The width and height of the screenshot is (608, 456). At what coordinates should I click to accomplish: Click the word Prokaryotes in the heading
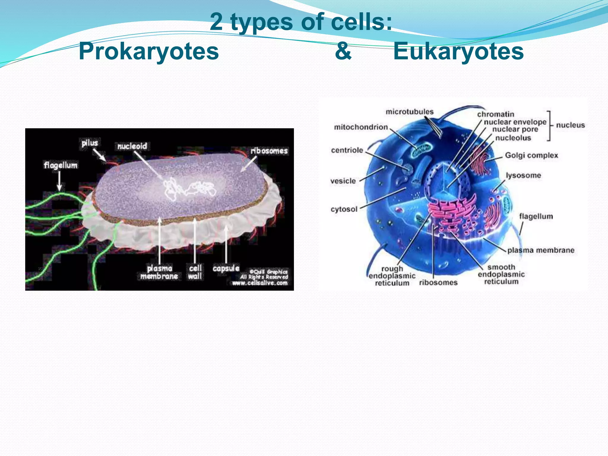coord(149,51)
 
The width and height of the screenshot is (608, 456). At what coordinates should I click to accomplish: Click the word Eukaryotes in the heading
coord(458,51)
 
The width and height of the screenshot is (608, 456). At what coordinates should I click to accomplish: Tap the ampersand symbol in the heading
coord(343,51)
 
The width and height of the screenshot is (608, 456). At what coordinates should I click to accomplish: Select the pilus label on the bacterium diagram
coord(90,143)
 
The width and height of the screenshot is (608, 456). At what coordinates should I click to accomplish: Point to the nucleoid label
coord(132,146)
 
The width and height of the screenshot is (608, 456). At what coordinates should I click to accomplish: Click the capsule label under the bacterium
coord(226,268)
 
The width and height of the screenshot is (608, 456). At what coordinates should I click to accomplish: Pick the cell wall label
coord(195,272)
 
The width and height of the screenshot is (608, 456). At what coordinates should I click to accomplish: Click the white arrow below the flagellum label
coord(59,181)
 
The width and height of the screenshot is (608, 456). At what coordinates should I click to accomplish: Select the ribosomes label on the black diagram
coord(269,151)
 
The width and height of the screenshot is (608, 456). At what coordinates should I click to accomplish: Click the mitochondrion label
coord(361,127)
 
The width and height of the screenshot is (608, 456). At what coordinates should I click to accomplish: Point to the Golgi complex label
coord(531,155)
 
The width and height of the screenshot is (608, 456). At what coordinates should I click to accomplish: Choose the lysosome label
coord(523,175)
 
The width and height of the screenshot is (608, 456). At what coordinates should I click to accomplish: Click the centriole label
coord(347,150)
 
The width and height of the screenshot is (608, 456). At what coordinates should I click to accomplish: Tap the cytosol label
coord(344,209)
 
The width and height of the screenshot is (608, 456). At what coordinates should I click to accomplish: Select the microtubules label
coord(409,112)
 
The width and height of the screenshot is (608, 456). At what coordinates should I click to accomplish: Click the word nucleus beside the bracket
coord(570,125)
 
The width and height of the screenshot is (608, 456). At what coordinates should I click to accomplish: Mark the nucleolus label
coord(513,138)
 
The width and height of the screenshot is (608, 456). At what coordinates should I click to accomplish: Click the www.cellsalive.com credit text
coord(260,283)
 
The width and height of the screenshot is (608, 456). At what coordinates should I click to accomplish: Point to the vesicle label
coord(343,181)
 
